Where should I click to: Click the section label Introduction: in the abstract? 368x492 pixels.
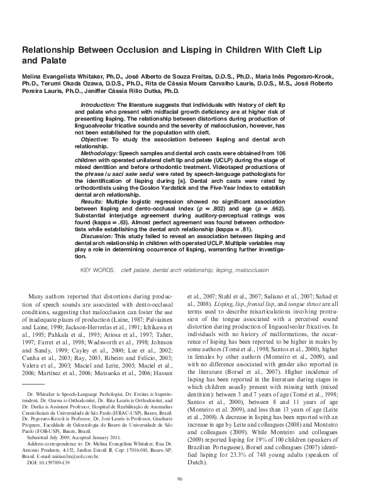point(99,102)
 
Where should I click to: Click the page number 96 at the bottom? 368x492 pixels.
point(184,478)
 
